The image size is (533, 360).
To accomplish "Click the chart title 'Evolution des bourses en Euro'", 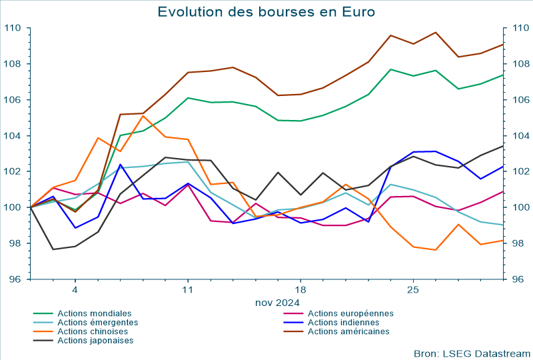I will (266, 12).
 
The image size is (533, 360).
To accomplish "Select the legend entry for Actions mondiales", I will (94, 313).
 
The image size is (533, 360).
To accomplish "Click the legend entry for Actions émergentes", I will (97, 323).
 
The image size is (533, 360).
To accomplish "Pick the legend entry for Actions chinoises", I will (94, 331).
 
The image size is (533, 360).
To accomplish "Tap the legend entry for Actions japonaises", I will (95, 341).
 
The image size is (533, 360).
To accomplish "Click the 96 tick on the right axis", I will (518, 279).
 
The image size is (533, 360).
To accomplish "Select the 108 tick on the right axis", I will (518, 64).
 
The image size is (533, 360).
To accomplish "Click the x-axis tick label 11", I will (187, 291).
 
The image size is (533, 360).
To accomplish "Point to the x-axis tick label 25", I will (413, 291).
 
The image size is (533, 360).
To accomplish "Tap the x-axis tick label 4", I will (75, 291).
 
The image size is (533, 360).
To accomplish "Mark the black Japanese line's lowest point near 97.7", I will (53, 249).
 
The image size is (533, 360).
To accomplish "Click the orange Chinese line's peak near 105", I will (143, 116).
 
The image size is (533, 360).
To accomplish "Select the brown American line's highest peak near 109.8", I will (436, 32).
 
